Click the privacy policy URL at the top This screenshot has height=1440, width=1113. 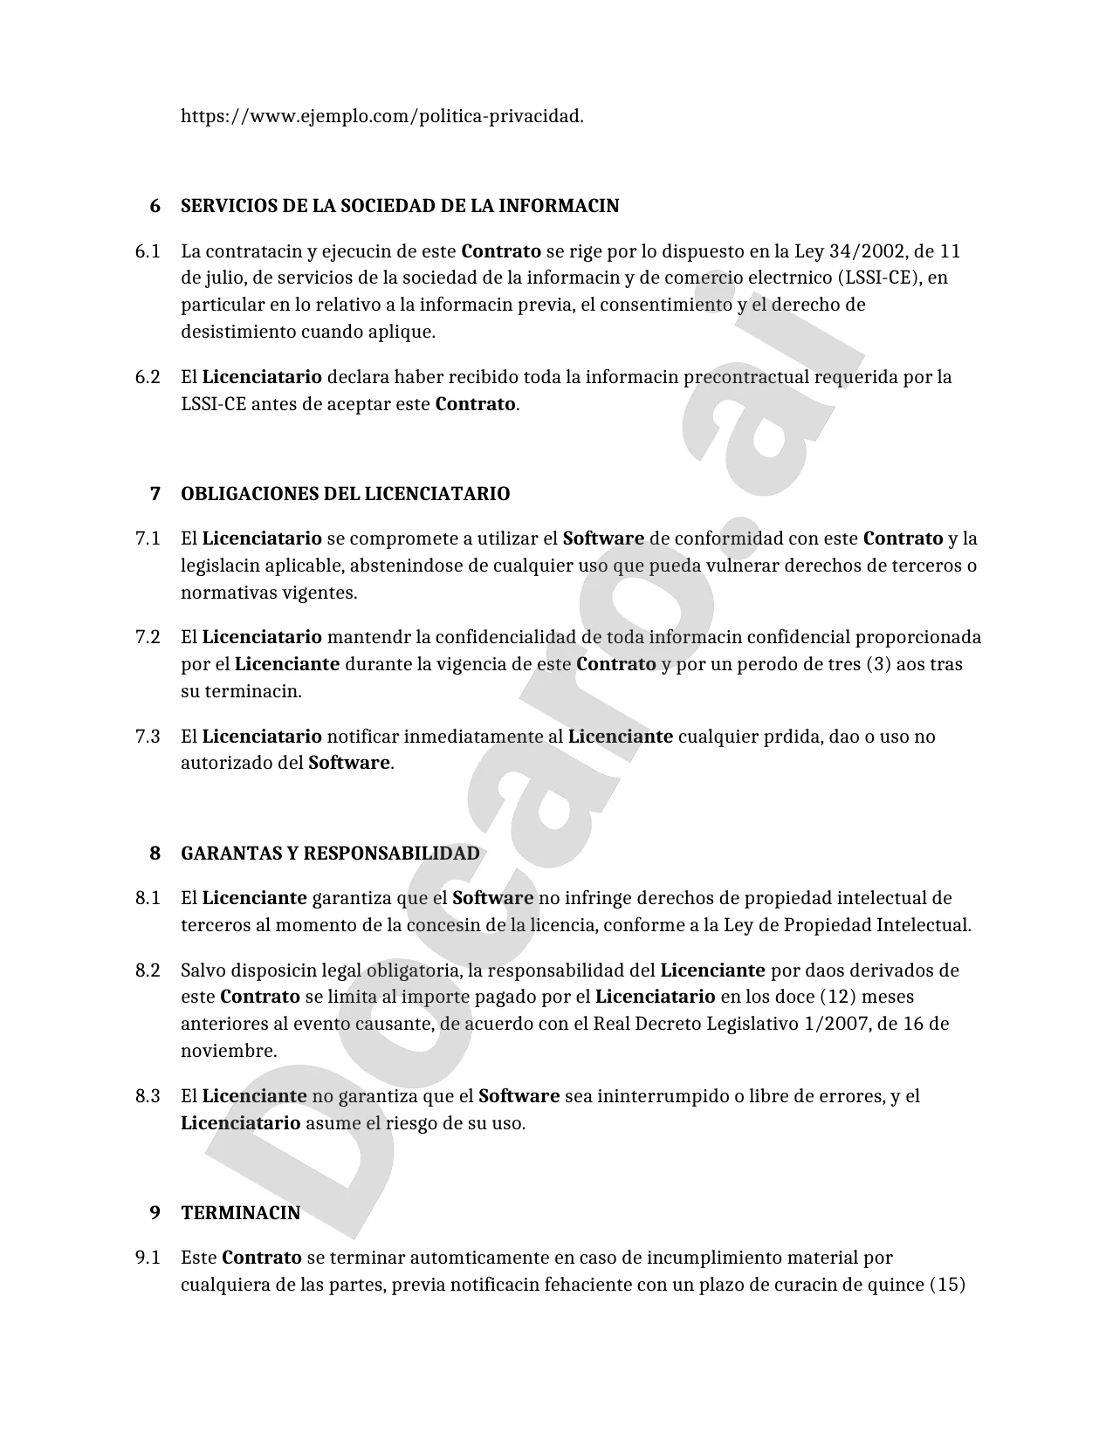coord(381,116)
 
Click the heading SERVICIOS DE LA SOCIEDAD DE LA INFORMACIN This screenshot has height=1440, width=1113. coord(400,207)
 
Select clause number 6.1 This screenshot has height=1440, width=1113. coord(148,252)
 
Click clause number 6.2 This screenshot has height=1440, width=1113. coord(148,378)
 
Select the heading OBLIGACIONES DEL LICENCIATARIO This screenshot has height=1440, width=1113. coord(345,494)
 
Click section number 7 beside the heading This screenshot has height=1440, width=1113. coord(155,494)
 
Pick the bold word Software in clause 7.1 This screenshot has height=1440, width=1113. coord(603,538)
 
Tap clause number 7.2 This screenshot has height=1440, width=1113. coord(148,637)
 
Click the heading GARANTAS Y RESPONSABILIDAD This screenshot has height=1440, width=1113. coord(330,854)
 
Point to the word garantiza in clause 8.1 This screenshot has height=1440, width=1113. coord(351,898)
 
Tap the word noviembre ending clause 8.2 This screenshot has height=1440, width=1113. coord(228,1051)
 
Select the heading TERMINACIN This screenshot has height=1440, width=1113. coord(240,1213)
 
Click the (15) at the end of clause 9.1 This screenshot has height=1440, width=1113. coord(947,1285)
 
